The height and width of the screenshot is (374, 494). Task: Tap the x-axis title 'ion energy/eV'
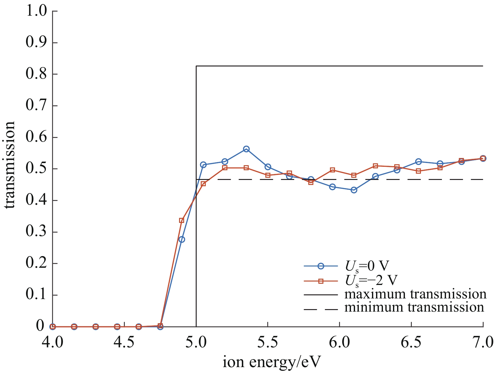coord(272,363)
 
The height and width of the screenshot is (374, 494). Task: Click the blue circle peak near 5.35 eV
coord(246,149)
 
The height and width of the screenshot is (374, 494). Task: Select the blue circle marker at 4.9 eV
coord(182,240)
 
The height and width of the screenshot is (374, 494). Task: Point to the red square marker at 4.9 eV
coord(181,220)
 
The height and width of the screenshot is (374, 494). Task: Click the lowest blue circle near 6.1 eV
coord(354,190)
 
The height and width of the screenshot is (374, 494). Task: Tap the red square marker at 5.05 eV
coord(203,184)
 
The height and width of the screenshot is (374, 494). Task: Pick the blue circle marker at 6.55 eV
coord(418,162)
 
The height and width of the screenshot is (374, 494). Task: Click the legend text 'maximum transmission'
coord(415,294)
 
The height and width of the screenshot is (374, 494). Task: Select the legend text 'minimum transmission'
coord(414,307)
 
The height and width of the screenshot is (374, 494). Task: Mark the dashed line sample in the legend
coord(321,310)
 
